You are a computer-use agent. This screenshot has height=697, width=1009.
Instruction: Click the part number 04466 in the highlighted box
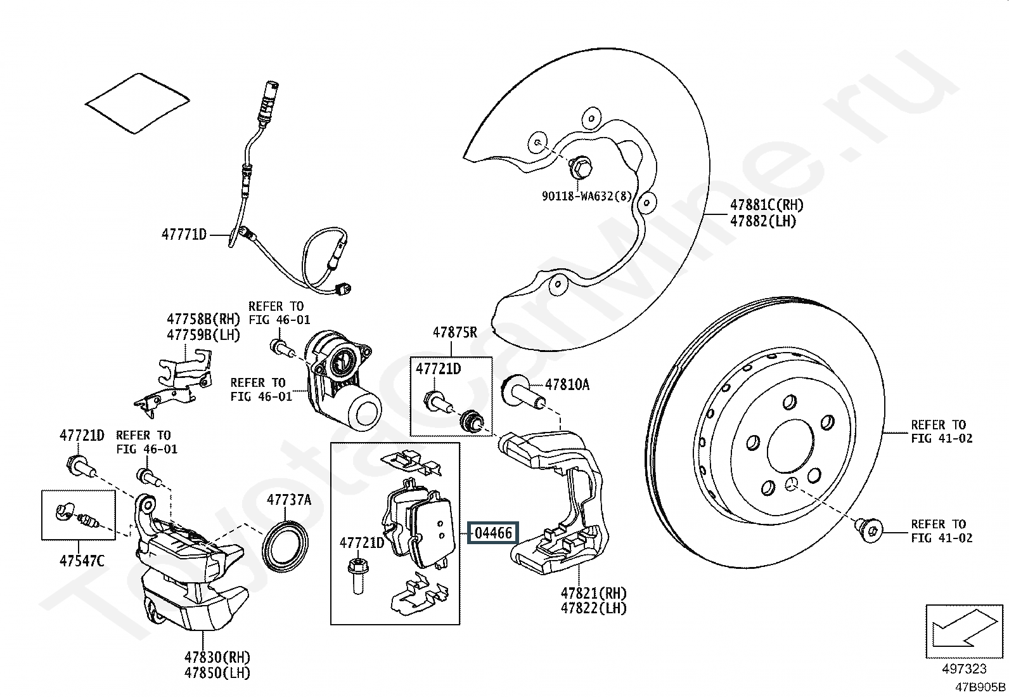point(494,533)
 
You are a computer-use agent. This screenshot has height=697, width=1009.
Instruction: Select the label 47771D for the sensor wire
point(184,235)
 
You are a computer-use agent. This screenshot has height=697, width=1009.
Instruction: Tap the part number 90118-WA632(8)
point(587,196)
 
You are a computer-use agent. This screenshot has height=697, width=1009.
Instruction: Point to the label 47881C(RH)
point(766,205)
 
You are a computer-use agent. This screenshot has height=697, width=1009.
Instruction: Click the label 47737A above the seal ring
point(289,500)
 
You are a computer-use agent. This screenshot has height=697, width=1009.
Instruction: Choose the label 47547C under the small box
point(82,561)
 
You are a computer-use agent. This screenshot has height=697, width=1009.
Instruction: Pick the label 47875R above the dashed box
point(455,332)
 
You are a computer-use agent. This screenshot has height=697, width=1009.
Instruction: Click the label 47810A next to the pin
point(567,384)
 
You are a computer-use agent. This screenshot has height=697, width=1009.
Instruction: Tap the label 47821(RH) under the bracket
point(593,594)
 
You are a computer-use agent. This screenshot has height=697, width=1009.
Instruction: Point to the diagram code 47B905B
point(980,687)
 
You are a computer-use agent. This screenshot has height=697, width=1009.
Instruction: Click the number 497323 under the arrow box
point(965,669)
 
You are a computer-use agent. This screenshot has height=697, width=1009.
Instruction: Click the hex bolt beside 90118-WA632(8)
point(579,166)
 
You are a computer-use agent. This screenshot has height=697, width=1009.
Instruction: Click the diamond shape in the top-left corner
point(137,103)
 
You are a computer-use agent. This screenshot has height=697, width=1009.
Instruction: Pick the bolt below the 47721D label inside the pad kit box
point(358,575)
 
